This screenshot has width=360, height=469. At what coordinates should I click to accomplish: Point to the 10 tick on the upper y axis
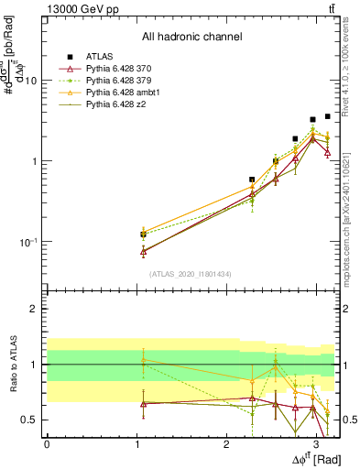[x=29, y=81]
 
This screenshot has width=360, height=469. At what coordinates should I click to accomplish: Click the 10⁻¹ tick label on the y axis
[x=27, y=242]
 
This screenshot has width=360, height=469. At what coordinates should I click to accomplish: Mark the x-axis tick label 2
[x=226, y=444]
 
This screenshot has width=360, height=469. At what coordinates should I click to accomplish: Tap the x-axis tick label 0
[x=47, y=444]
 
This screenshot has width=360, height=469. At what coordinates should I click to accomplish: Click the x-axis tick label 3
[x=316, y=444]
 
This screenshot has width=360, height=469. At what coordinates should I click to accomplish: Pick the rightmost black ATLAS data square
[x=327, y=116]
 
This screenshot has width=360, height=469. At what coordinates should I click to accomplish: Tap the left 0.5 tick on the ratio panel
[x=31, y=420]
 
